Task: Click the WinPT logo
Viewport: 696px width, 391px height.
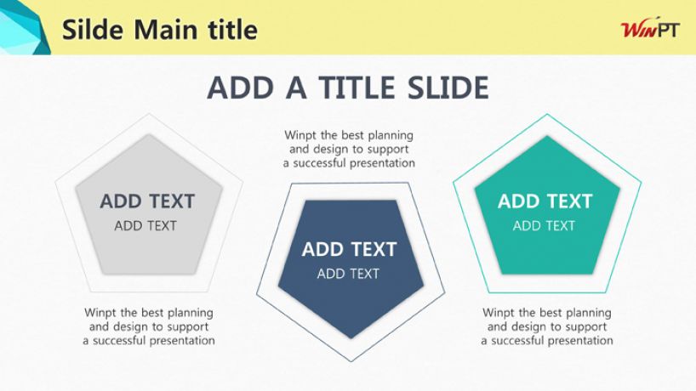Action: (650, 29)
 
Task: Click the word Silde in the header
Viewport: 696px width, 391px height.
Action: (93, 30)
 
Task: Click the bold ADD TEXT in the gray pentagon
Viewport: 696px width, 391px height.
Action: (147, 201)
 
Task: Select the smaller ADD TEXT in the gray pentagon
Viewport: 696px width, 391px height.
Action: (145, 226)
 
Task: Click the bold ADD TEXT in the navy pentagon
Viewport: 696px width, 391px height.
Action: (350, 249)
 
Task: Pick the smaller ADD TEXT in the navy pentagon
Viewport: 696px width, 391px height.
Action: (348, 274)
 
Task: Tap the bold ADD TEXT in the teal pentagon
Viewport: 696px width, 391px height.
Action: (545, 201)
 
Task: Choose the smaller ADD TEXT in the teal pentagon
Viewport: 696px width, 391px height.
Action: (544, 226)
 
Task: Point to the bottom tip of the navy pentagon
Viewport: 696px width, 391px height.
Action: (351, 338)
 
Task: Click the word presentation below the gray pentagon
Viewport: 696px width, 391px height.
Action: (182, 341)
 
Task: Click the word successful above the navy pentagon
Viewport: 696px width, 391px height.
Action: (320, 163)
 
